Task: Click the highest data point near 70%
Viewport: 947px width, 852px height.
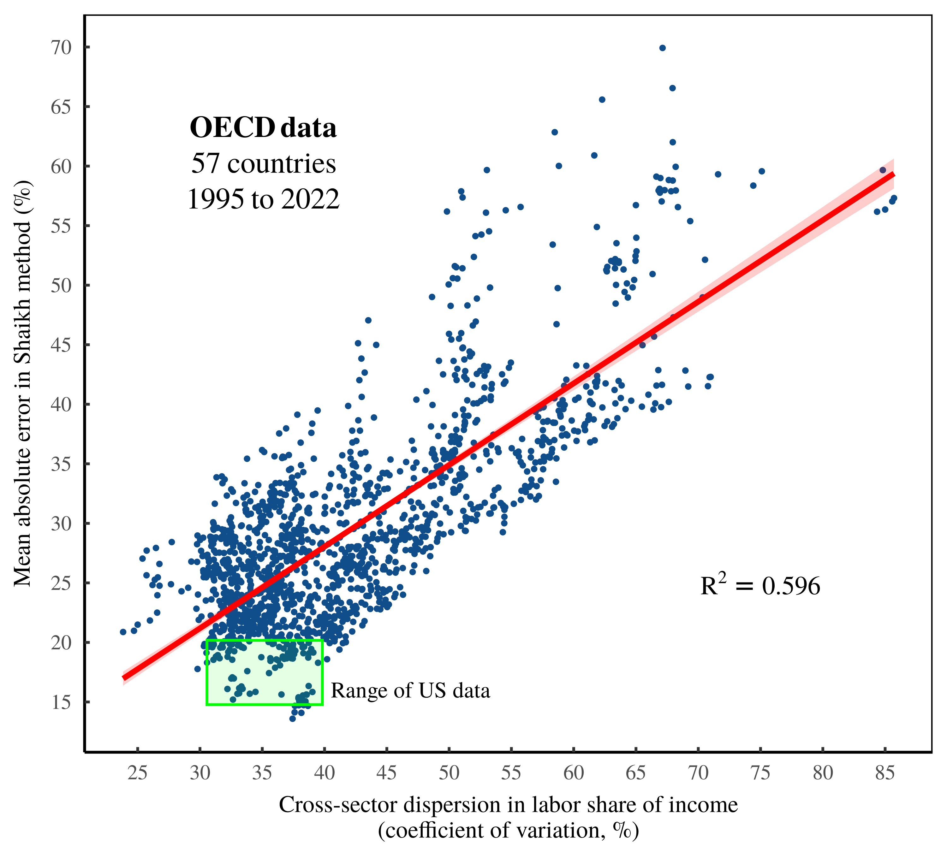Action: (x=662, y=48)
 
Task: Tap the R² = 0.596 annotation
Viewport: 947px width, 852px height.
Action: (x=760, y=586)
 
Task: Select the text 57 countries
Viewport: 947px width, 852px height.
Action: (x=263, y=164)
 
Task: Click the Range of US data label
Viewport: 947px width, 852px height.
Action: (x=410, y=690)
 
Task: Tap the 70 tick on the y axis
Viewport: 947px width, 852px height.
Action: (x=61, y=47)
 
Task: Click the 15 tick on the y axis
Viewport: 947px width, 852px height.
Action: (x=61, y=702)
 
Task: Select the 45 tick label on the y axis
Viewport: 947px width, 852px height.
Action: (x=61, y=345)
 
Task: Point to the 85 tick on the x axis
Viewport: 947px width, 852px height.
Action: (x=885, y=773)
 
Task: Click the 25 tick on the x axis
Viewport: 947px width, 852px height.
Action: (x=137, y=773)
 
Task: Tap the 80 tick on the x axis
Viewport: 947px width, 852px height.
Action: (x=822, y=773)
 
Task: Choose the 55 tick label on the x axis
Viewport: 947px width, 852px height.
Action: (x=511, y=773)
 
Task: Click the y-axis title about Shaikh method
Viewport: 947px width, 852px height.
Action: (x=22, y=383)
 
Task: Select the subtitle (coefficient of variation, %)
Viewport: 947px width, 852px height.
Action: (x=508, y=830)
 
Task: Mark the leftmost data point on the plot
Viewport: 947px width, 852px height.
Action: (x=123, y=631)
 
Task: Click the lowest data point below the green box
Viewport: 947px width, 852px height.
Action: (x=292, y=719)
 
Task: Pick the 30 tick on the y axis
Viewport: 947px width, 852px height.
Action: (x=61, y=524)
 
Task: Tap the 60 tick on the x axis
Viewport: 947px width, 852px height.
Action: (x=573, y=773)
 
